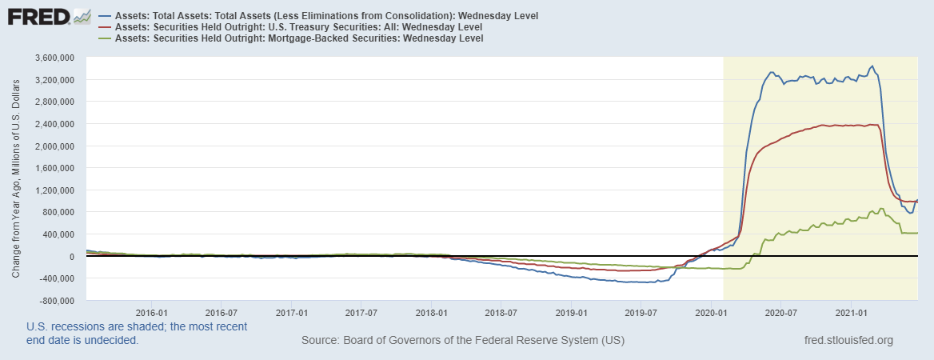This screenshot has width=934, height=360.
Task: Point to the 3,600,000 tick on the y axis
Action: click(50, 58)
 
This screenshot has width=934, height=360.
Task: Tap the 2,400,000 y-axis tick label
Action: click(50, 124)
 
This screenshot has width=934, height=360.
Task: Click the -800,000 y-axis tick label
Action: click(53, 301)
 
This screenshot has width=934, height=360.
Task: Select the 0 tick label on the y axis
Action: click(71, 257)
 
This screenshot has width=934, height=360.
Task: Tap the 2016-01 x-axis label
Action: click(151, 312)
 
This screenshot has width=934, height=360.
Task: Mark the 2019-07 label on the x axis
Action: click(640, 312)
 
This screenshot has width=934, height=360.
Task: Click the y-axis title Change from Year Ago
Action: click(16, 179)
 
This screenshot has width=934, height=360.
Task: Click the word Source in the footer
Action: click(319, 341)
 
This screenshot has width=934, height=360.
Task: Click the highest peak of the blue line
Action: click(872, 66)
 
